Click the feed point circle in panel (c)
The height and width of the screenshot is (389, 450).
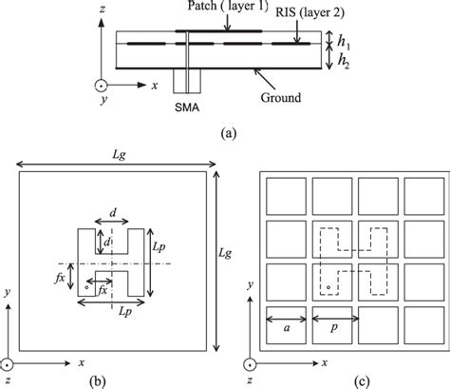click(328, 285)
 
